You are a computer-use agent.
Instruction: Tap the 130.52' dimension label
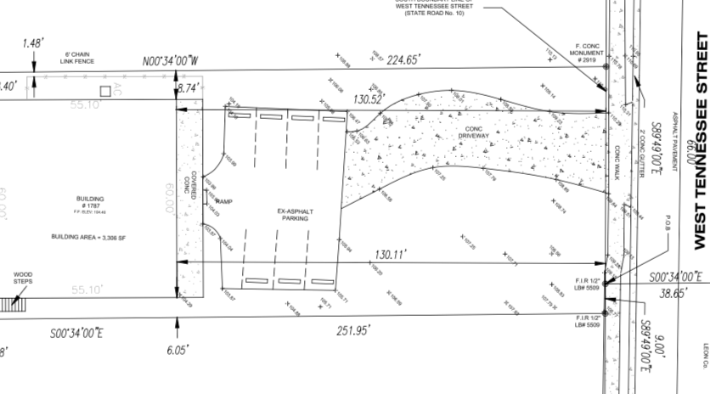click(x=370, y=99)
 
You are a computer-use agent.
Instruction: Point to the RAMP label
click(x=223, y=201)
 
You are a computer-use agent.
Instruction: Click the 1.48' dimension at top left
click(x=34, y=43)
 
